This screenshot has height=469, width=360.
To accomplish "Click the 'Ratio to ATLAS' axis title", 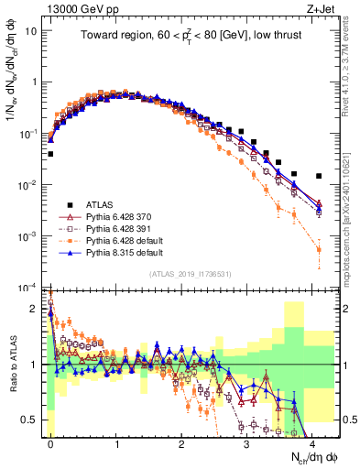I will point(12,365).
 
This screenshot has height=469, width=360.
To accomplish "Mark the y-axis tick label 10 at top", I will point(32,30).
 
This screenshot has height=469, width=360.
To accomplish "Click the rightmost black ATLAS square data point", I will point(318,176).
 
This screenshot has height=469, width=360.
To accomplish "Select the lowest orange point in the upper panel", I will point(318,249).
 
